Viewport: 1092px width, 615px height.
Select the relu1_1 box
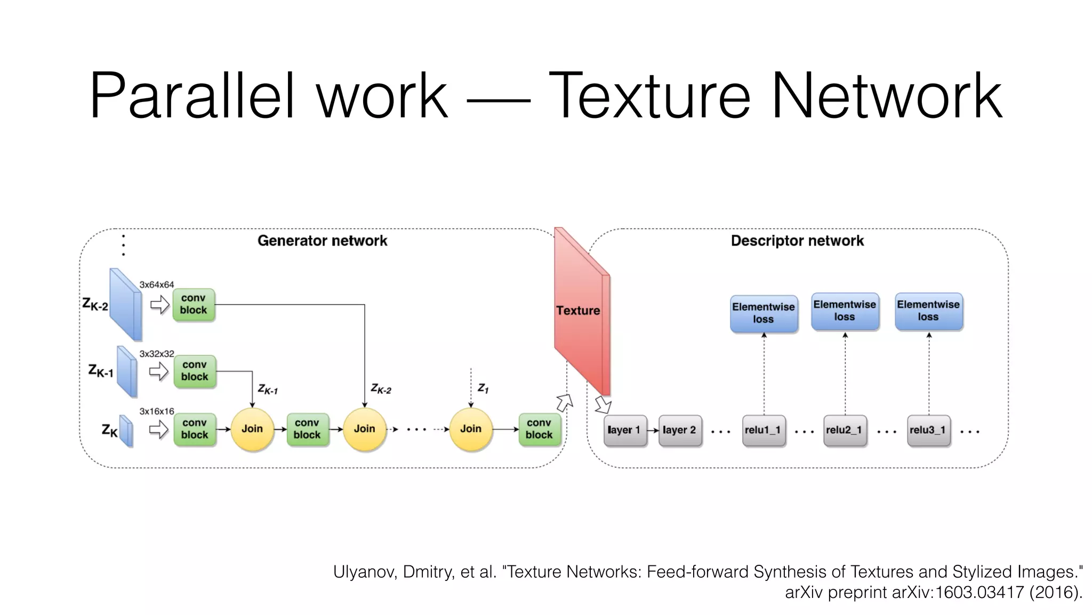pyautogui.click(x=764, y=430)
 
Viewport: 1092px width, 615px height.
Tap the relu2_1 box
pyautogui.click(x=845, y=430)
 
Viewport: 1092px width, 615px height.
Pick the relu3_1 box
pyautogui.click(x=928, y=430)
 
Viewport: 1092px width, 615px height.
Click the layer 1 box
pyautogui.click(x=624, y=430)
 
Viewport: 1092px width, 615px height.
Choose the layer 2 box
pyautogui.click(x=679, y=430)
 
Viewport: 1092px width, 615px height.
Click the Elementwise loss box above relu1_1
pyautogui.click(x=764, y=313)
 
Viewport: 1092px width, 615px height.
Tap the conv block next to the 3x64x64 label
pyautogui.click(x=194, y=305)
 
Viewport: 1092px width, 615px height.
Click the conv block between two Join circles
pyautogui.click(x=307, y=429)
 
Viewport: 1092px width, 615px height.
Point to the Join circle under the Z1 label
pyautogui.click(x=470, y=429)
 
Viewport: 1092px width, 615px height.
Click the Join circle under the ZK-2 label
pyautogui.click(x=364, y=429)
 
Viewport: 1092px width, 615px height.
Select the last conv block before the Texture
pyautogui.click(x=539, y=429)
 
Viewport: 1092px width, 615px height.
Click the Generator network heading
pyautogui.click(x=322, y=241)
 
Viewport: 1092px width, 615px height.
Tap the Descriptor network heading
pyautogui.click(x=797, y=241)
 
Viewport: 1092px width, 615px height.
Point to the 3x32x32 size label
pyautogui.click(x=157, y=354)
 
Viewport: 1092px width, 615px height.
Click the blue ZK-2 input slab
pyautogui.click(x=125, y=304)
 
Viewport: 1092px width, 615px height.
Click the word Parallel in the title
pyautogui.click(x=192, y=96)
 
